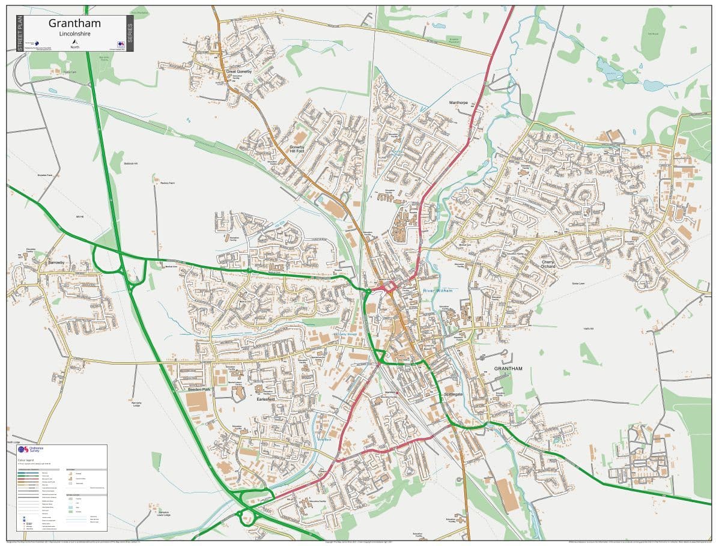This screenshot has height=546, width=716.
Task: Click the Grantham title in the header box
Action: (x=74, y=23)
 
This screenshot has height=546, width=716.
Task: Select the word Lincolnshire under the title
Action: (x=74, y=34)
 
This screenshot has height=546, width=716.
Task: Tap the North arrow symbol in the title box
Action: (x=74, y=41)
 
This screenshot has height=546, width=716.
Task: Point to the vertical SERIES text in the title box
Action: (x=130, y=32)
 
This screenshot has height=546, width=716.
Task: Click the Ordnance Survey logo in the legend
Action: (x=23, y=449)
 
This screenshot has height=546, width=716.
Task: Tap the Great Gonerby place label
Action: (x=239, y=71)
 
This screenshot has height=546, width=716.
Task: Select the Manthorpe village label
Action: (x=458, y=103)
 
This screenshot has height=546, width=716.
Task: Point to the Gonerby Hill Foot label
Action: (x=297, y=149)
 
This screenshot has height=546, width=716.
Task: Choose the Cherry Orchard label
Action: (x=548, y=264)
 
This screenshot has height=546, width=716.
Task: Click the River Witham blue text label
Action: (x=437, y=291)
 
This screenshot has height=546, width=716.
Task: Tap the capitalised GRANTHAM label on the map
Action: (x=508, y=368)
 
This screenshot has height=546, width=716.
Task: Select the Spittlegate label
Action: (x=454, y=394)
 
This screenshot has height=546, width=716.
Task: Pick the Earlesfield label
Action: (x=265, y=399)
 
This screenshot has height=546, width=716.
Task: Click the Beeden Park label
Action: (x=199, y=390)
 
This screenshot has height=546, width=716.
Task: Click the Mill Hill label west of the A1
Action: (x=79, y=216)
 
